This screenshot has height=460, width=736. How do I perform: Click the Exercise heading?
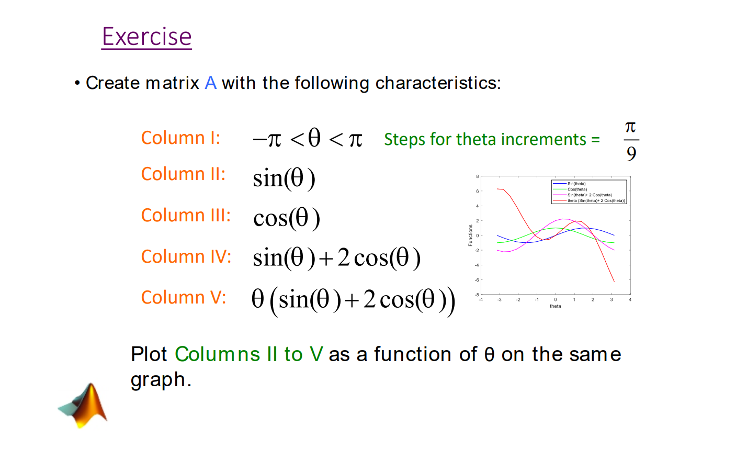[x=146, y=37]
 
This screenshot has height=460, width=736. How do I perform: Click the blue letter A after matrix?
[x=210, y=83]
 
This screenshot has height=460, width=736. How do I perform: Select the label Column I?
[x=180, y=138]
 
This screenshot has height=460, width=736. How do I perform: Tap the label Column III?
[x=186, y=215]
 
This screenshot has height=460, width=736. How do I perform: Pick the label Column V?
[x=183, y=297]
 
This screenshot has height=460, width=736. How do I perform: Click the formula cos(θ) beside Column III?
[x=286, y=218]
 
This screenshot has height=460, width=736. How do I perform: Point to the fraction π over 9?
[x=631, y=140]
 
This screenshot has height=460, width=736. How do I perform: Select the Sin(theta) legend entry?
[x=576, y=184]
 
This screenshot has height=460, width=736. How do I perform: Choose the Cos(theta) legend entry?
[x=577, y=189]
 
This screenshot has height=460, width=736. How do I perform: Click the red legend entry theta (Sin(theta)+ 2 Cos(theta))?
[x=596, y=200]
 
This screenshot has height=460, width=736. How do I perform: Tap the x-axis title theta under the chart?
[x=555, y=306]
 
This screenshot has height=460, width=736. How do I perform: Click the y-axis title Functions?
[x=470, y=235]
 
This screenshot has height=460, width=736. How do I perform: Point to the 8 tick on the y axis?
[x=477, y=176]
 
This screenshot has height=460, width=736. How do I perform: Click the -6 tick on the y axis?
[x=477, y=280]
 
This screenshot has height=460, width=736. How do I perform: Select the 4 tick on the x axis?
[x=630, y=300]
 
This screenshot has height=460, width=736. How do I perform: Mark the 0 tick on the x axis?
[x=556, y=300]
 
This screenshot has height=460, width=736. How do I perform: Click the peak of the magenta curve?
[x=564, y=219]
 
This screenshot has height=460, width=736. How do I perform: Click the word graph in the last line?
[x=157, y=379]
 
